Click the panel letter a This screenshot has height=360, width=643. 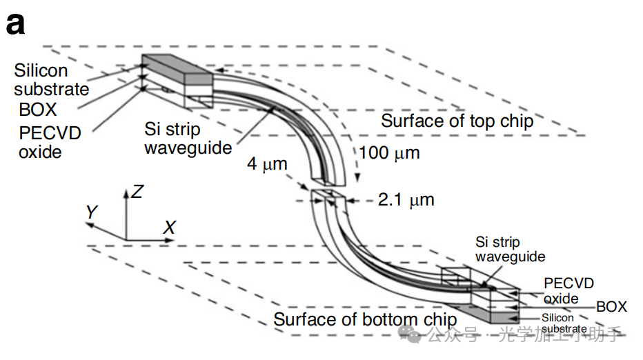tap(15, 24)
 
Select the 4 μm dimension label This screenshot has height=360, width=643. tap(268, 166)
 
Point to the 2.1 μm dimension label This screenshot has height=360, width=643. tap(406, 200)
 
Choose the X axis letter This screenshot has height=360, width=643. tap(169, 227)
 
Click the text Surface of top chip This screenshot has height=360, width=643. tap(457, 121)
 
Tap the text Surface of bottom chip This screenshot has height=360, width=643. tap(365, 319)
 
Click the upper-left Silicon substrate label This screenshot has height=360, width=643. tap(51, 79)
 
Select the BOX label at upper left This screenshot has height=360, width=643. tap(37, 109)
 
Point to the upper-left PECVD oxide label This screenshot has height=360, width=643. tap(48, 141)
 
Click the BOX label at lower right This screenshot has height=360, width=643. tap(611, 307)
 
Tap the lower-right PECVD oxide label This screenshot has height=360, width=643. tap(568, 290)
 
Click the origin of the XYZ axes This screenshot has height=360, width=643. tap(126, 240)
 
